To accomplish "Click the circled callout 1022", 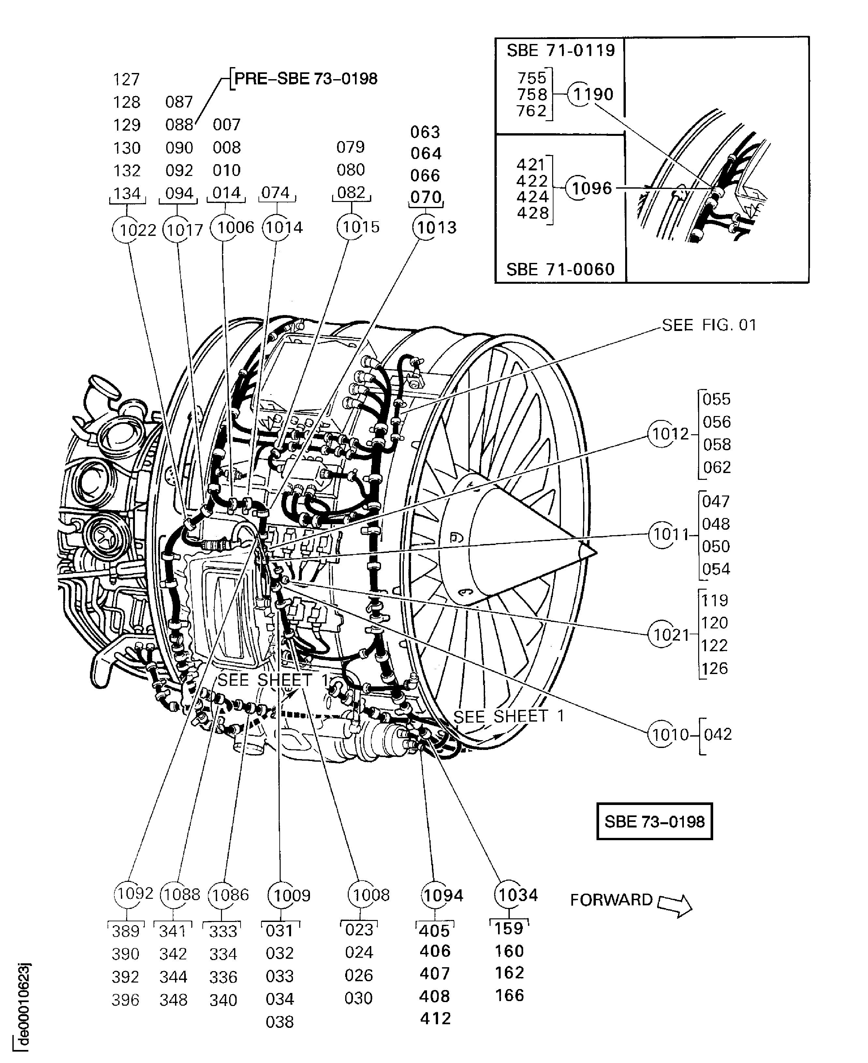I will click(127, 229).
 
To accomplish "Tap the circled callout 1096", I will click(579, 188).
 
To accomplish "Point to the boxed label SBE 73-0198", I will click(655, 822).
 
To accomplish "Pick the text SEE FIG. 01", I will click(709, 325).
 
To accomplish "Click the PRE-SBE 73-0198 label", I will click(305, 79).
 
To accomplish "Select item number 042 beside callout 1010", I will click(717, 734).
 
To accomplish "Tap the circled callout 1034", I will click(508, 895).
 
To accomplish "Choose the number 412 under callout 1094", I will click(435, 1018).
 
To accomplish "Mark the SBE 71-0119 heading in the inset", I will click(561, 50).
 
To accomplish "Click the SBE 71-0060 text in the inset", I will click(560, 270).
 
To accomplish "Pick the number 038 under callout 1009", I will click(279, 1022).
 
